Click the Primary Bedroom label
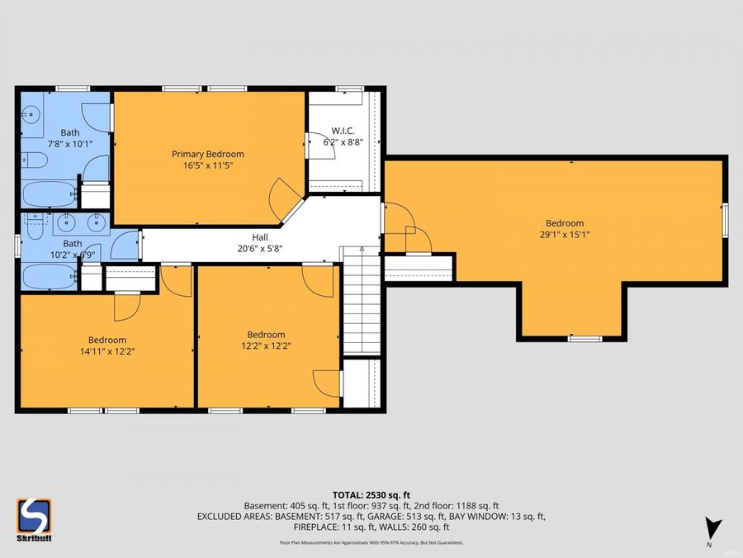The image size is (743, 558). pyautogui.click(x=207, y=154)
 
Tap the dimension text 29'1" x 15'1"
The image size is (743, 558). pyautogui.click(x=564, y=234)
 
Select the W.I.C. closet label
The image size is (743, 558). pyautogui.click(x=343, y=131)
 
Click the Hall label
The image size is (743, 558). pyautogui.click(x=260, y=236)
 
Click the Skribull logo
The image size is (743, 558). pyautogui.click(x=34, y=519)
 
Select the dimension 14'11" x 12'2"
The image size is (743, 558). pyautogui.click(x=107, y=351)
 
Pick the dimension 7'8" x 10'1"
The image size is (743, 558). pyautogui.click(x=69, y=143)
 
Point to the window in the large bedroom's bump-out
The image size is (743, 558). pyautogui.click(x=584, y=338)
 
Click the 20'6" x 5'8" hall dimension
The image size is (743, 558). pyautogui.click(x=260, y=247)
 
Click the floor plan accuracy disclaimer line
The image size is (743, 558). pyautogui.click(x=371, y=542)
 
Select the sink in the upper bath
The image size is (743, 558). pyautogui.click(x=31, y=116)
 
